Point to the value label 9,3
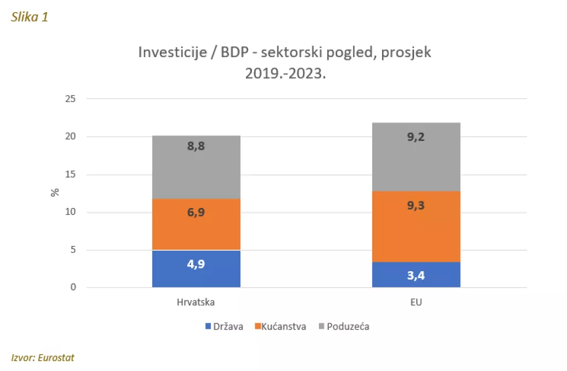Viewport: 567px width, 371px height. coord(416,206)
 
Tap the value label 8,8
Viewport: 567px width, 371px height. coord(196,148)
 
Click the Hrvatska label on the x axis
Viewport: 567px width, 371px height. coord(195,303)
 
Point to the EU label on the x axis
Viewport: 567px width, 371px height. coord(416,303)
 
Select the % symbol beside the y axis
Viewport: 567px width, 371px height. coord(54,192)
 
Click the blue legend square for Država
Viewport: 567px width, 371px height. coord(208,327)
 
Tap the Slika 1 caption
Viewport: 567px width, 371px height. coord(30,17)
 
